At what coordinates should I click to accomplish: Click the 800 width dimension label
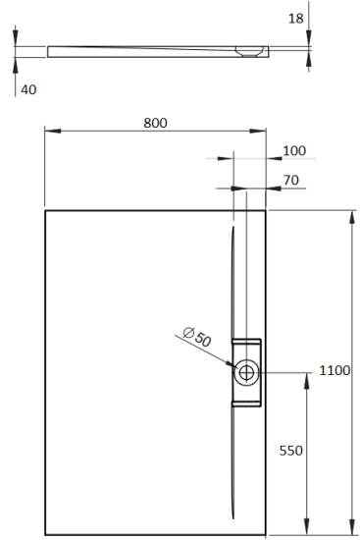tap(155, 123)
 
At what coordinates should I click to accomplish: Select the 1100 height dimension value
tap(334, 370)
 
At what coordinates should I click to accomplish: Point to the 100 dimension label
tap(293, 150)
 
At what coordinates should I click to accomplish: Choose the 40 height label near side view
tap(28, 89)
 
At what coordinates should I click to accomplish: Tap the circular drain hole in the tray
tap(246, 371)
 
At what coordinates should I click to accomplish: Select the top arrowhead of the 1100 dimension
tap(352, 215)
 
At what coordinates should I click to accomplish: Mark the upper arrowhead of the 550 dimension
tap(309, 379)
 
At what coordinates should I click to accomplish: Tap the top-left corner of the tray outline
tap(45, 209)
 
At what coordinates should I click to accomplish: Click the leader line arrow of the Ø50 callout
tap(231, 364)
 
